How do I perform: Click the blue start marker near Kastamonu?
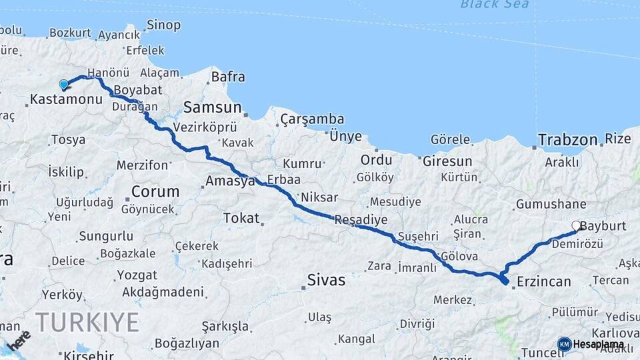point(64,85)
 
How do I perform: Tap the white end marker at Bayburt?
point(577,226)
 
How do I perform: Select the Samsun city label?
point(213,107)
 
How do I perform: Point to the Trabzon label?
point(567,140)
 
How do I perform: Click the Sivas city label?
point(327,280)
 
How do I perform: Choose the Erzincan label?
point(544,281)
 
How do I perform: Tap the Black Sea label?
point(495,5)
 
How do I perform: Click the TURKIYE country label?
point(87,323)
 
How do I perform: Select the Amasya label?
point(230,181)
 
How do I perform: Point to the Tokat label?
point(241,218)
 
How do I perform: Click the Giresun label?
point(447,161)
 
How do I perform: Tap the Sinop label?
point(163,25)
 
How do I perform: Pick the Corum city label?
point(155,191)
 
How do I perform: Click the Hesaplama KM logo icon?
point(564,344)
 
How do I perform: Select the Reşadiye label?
point(361,219)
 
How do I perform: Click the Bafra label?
point(228,77)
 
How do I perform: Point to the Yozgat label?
point(137,275)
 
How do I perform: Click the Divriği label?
point(417,323)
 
